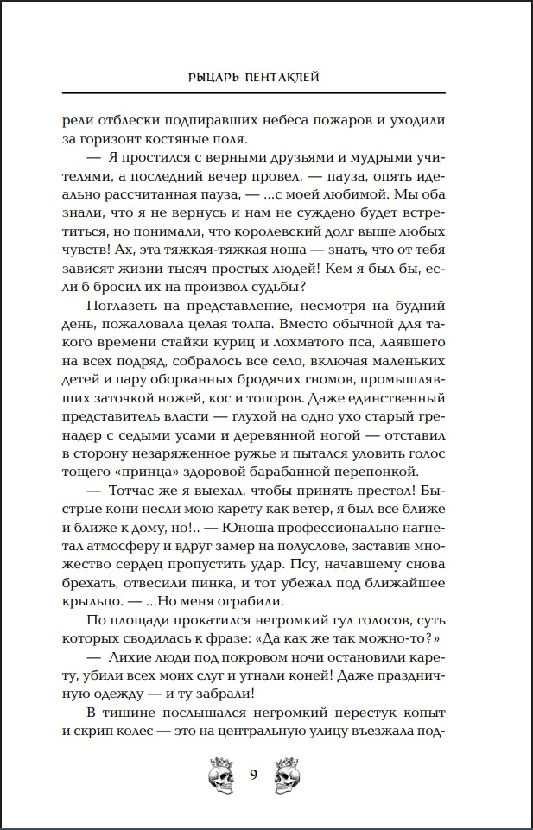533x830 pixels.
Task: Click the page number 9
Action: [x=254, y=774]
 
